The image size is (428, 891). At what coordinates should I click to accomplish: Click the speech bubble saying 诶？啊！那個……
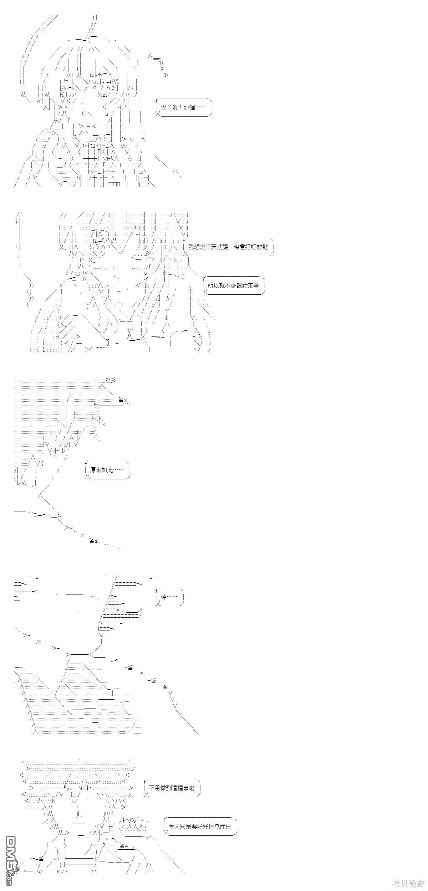(x=184, y=107)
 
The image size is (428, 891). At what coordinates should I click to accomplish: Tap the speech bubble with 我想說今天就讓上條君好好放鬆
(x=229, y=247)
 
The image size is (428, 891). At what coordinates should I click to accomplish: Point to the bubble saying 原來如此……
(x=108, y=470)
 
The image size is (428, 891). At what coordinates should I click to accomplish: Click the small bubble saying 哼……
(x=170, y=597)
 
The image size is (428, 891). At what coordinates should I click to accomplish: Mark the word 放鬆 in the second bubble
(x=261, y=247)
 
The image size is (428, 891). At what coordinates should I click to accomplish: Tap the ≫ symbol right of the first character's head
(x=165, y=75)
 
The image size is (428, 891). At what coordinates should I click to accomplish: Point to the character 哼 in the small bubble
(x=164, y=597)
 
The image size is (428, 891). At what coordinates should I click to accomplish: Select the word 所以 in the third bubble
(x=214, y=286)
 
